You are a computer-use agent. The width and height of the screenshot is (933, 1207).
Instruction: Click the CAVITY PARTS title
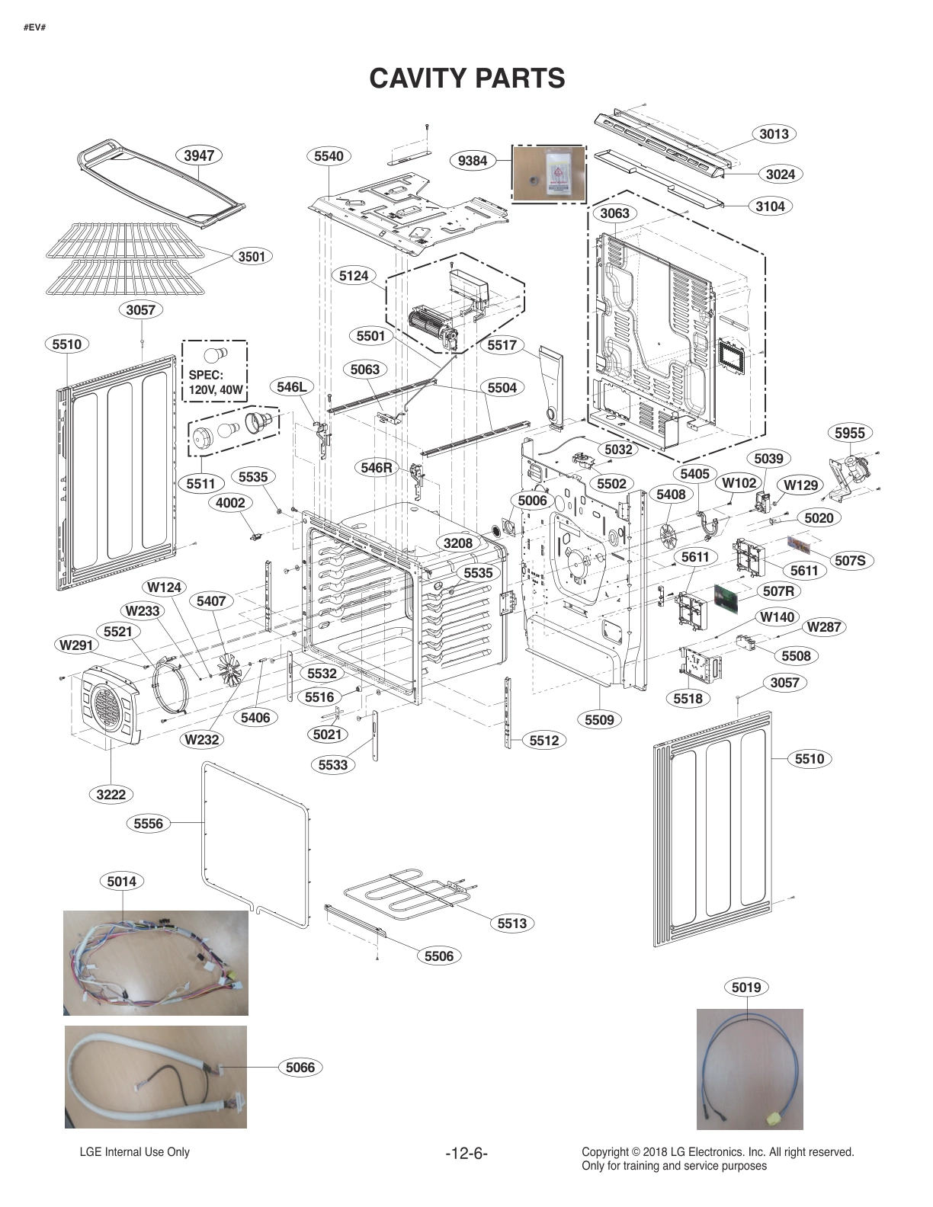click(466, 78)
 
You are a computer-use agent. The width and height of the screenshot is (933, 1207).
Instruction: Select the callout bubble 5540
click(329, 156)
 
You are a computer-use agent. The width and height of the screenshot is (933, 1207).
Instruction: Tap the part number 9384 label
click(473, 161)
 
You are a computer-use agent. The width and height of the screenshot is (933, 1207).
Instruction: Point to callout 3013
click(774, 134)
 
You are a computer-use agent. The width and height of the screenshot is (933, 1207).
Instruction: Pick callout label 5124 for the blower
click(354, 275)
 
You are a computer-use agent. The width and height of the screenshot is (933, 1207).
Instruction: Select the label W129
click(800, 485)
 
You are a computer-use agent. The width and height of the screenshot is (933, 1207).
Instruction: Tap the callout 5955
click(850, 433)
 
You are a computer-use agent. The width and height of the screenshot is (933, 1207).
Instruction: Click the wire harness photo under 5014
click(155, 963)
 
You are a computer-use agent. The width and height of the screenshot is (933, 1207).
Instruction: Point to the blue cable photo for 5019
click(749, 1069)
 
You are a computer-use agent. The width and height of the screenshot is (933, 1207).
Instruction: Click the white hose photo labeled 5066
click(155, 1077)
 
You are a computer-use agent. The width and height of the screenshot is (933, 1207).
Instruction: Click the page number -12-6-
click(466, 1154)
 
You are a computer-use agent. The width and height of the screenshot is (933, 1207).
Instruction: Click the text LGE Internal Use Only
click(134, 1152)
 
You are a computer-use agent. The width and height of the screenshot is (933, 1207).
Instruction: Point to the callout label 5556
click(149, 823)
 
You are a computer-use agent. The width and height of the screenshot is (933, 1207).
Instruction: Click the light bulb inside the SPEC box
click(216, 354)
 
